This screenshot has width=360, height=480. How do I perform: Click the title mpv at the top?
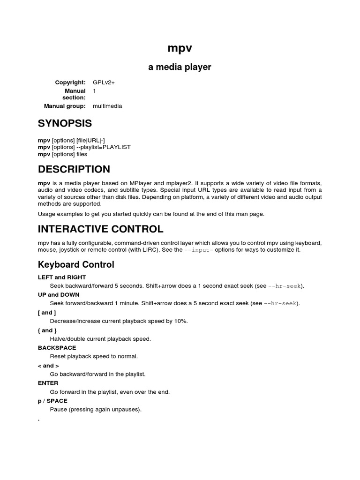[180, 48]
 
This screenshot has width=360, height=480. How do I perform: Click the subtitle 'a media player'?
[180, 67]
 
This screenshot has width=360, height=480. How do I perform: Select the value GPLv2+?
[104, 82]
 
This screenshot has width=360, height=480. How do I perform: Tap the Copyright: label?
[70, 82]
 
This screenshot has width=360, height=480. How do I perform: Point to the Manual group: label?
[65, 106]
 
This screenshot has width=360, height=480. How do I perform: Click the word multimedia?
[107, 106]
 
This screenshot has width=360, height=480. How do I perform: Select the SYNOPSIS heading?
[65, 124]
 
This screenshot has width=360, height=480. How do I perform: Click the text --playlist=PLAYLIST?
[103, 147]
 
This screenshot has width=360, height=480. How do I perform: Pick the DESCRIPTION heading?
[74, 169]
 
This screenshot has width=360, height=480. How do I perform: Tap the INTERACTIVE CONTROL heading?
[100, 229]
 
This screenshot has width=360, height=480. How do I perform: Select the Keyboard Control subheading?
[76, 265]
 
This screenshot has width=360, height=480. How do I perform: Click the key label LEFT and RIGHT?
[62, 277]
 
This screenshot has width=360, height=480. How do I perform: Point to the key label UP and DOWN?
[59, 295]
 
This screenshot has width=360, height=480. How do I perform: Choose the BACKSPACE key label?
[57, 348]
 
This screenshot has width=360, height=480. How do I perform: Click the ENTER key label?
[48, 383]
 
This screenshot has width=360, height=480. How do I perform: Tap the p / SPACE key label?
[52, 401]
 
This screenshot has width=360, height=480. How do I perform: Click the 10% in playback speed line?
[181, 321]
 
